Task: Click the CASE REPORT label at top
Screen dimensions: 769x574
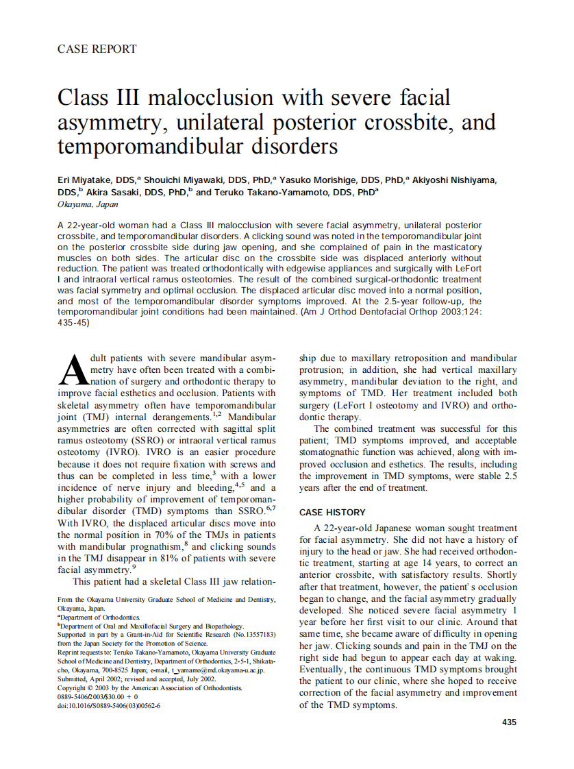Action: click(x=97, y=49)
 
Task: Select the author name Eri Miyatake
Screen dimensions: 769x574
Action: click(x=88, y=180)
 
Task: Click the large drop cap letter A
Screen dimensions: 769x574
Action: click(x=71, y=371)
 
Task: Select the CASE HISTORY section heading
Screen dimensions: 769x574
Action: click(x=332, y=512)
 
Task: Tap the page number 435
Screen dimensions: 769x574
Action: click(x=509, y=722)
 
